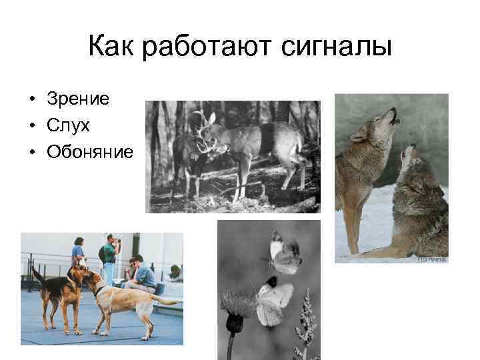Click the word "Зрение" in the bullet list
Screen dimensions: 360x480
click(x=78, y=99)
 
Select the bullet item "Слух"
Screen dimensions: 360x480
click(x=68, y=125)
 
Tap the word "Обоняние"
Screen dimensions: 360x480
click(x=90, y=152)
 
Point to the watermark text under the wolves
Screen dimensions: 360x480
click(x=432, y=259)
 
